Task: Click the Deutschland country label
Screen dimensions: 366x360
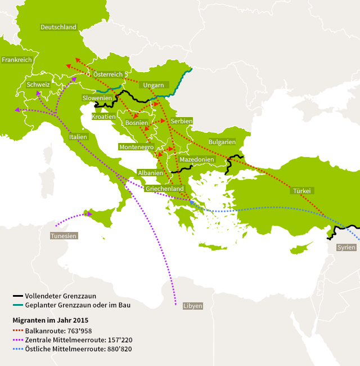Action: [58, 27]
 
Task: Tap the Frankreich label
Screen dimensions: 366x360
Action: [16, 60]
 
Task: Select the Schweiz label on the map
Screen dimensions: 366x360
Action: [38, 85]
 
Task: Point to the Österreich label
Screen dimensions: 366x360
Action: [107, 74]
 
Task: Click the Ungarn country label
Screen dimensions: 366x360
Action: [154, 86]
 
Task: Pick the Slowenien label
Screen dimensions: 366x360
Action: [97, 98]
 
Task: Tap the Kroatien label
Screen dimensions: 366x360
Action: [103, 117]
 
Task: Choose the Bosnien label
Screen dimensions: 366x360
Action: [137, 123]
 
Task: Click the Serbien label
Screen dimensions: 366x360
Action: [182, 121]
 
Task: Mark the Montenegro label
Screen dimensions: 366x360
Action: [136, 147]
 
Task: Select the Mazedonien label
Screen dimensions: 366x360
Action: [197, 160]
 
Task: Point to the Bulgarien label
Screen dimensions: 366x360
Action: [222, 142]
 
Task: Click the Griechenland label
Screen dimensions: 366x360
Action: [165, 189]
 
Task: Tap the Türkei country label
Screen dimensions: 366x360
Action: [302, 191]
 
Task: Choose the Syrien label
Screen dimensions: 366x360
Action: [346, 247]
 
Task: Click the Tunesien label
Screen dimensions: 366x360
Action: [64, 236]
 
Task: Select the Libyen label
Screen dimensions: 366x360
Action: [192, 306]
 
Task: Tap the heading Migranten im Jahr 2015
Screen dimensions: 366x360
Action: [51, 320]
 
